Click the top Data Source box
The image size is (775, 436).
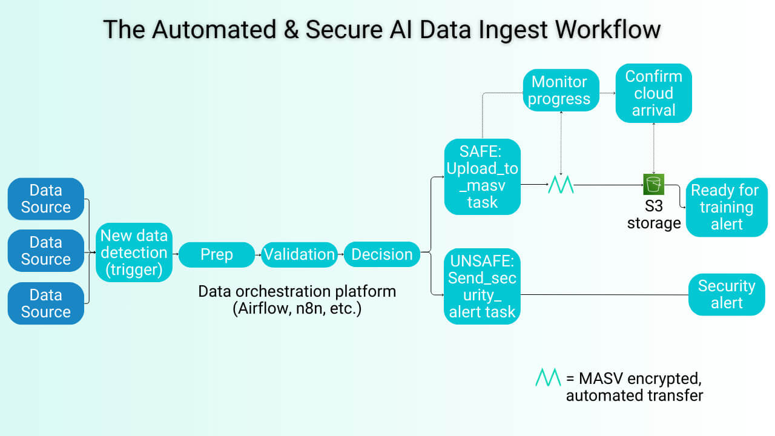point(46,199)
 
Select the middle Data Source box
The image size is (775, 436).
point(46,251)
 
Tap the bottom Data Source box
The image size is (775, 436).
point(46,303)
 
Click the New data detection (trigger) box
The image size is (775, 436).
point(134,253)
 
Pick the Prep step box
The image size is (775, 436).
point(216,254)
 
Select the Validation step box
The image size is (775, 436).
point(299,254)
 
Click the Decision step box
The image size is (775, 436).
point(382,254)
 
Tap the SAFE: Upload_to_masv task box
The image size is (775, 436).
point(483,177)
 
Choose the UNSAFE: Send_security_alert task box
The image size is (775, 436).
point(483,286)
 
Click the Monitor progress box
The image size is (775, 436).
point(560,90)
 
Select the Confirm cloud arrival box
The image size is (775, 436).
point(653,93)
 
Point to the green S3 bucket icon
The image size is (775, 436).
point(654,183)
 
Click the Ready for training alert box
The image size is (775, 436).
point(726,207)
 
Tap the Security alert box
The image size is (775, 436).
point(727,294)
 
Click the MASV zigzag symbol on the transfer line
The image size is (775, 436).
point(561,185)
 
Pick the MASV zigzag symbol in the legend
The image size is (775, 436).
point(548,378)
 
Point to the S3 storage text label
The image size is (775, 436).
point(654,215)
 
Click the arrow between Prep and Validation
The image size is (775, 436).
point(259,255)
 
